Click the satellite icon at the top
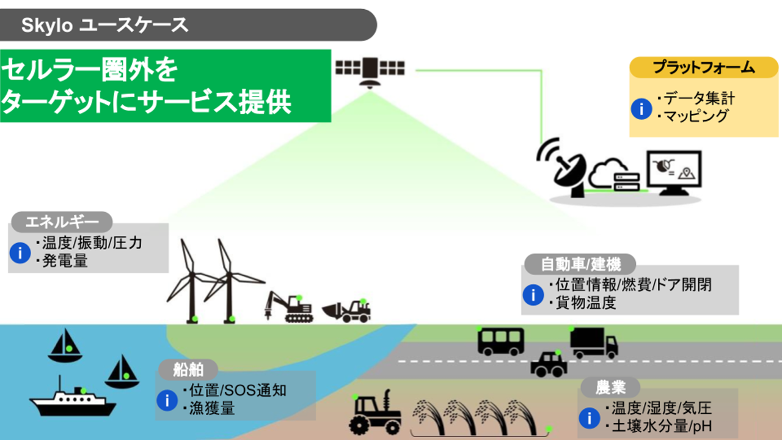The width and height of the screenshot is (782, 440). pyautogui.click(x=370, y=71)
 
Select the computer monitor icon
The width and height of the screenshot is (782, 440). pyautogui.click(x=674, y=172)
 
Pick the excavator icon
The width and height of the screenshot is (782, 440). pyautogui.click(x=288, y=307)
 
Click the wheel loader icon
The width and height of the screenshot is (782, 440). pyautogui.click(x=347, y=310)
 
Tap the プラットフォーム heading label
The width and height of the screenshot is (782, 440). pyautogui.click(x=703, y=67)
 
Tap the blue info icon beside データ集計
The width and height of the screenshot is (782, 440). pyautogui.click(x=641, y=109)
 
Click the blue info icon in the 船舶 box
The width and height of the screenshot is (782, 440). pyautogui.click(x=167, y=400)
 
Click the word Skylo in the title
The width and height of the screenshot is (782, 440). pyautogui.click(x=48, y=25)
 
